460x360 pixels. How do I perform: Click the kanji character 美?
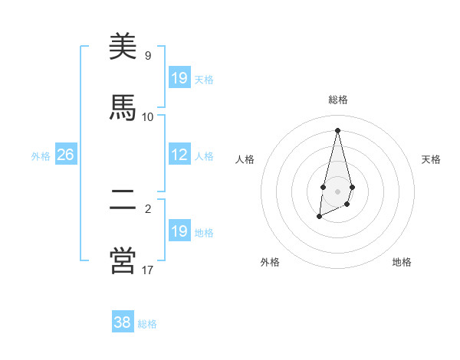pos(123,48)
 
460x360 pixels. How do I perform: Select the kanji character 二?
pos(123,200)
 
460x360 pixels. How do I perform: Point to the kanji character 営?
pos(123,260)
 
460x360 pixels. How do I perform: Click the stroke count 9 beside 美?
pos(148,56)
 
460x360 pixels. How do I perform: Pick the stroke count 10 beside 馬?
pos(148,116)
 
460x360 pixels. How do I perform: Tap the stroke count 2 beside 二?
pos(148,208)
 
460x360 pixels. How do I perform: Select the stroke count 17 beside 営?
pos(148,269)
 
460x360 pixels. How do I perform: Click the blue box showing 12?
pos(179,155)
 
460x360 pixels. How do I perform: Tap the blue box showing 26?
pos(65,155)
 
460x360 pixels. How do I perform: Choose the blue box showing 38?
pos(123,322)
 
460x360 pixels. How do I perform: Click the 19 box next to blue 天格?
pos(179,78)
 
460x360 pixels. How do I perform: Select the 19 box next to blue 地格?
pos(179,231)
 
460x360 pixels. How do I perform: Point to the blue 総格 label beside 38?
pos(147,324)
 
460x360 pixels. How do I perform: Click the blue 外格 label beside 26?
pos(41,156)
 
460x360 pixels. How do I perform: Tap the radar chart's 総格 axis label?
pos(337,100)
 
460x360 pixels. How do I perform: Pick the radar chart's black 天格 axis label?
pos(431,159)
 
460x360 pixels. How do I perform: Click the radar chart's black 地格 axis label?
pos(402,262)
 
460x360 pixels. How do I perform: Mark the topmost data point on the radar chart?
pos(337,129)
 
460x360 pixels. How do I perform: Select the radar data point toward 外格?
pos(320,217)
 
